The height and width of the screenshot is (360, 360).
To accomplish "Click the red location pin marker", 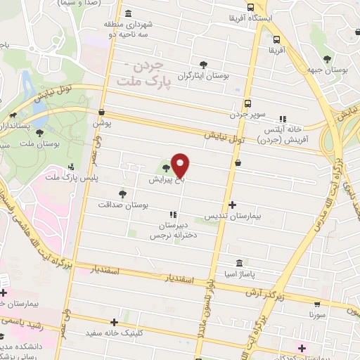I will click(181, 165).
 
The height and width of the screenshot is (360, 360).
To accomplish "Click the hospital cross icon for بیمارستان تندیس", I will click(233, 205).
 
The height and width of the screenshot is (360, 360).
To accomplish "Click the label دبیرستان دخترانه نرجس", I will click(171, 230).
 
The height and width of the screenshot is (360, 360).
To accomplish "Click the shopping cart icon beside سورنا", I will click(317, 305).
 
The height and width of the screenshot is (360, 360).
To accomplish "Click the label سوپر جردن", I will click(246, 113).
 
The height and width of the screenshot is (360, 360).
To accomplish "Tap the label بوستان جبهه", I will click(326, 70).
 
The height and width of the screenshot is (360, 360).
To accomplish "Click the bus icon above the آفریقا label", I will click(276, 39).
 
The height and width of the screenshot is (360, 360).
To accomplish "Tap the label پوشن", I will click(102, 123).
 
